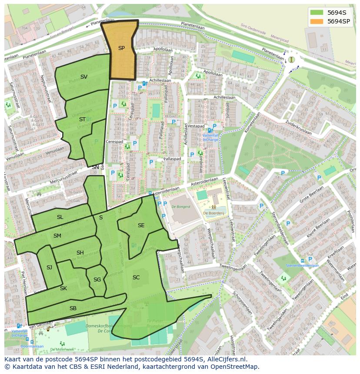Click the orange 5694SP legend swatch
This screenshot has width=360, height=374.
click(x=317, y=21)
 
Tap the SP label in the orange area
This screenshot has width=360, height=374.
click(x=121, y=48)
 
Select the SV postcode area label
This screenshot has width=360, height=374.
click(x=84, y=77)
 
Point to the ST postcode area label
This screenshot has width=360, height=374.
click(x=82, y=119)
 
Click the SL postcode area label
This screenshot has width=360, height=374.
click(x=60, y=217)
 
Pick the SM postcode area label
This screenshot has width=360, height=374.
click(x=57, y=235)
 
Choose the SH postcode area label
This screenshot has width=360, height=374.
click(x=80, y=253)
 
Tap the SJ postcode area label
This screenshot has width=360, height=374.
click(x=49, y=268)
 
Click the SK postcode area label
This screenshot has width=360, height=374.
click(x=63, y=288)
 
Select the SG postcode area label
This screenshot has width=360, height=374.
click(x=97, y=280)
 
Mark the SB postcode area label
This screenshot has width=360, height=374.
click(x=73, y=308)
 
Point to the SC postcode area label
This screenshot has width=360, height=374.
click(x=136, y=278)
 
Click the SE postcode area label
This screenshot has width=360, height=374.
click(x=141, y=225)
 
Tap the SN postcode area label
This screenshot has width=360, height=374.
click(x=95, y=167)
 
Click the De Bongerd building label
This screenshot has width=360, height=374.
click(x=181, y=207)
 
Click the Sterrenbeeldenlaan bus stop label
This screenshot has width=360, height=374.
click(x=302, y=265)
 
